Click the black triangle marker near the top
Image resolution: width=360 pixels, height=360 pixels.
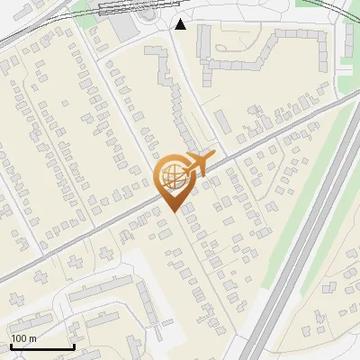(181, 24)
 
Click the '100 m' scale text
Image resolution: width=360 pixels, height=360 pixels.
(23, 338)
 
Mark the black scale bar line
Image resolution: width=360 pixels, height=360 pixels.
(41, 347)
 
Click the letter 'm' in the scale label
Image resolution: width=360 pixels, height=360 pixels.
(32, 338)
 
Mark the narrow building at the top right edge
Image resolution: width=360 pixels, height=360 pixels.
(347, 40)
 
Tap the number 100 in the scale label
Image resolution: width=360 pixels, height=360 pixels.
(19, 338)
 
